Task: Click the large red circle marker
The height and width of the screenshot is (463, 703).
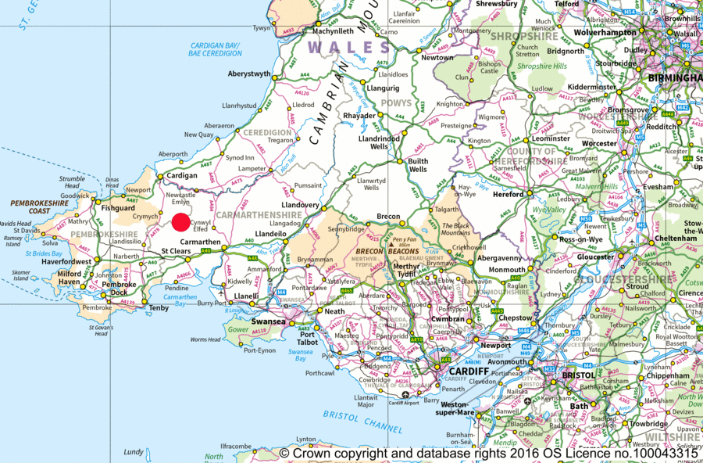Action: [x=180, y=222]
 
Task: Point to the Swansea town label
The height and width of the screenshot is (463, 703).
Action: [x=269, y=321]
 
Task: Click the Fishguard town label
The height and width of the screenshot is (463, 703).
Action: [x=117, y=209]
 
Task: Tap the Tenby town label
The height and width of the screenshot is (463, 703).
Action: [x=159, y=308]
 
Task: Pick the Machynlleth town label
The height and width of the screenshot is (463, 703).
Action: [x=333, y=31]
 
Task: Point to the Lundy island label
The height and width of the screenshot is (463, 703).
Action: [x=134, y=452]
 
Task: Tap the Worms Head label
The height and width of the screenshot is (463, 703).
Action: [x=205, y=339]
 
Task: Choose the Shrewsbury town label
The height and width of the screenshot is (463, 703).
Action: [x=497, y=4]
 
